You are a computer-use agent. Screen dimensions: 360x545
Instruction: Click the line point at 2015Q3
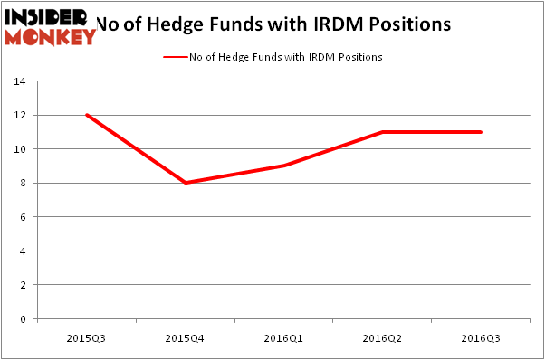tap(86, 115)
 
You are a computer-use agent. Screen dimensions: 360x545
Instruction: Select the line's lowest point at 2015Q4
tap(185, 183)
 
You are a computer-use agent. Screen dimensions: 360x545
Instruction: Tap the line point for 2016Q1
tap(283, 166)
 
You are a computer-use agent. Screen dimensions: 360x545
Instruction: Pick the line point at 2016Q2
tap(382, 132)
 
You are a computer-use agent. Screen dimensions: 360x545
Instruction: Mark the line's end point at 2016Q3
tap(481, 132)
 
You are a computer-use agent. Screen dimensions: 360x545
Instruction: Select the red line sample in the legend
tap(174, 57)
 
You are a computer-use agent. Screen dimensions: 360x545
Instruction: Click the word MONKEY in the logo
tap(51, 36)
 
